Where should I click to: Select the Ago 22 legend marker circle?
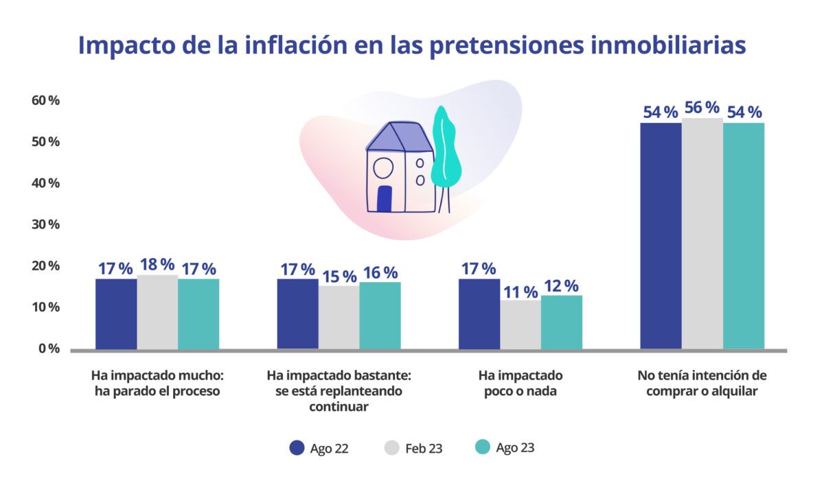coord(297,448)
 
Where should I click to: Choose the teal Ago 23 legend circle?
coord(483,448)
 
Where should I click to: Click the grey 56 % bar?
coord(702,233)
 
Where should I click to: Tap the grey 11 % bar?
coord(520,325)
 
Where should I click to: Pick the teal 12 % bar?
coord(561,322)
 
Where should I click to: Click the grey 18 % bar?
coord(157,312)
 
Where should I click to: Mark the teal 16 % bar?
coord(380,315)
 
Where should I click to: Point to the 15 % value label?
coord(339,277)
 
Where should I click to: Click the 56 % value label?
coord(702,108)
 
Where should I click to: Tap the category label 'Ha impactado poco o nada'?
coord(520,384)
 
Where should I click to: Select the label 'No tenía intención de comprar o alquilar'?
coord(702,384)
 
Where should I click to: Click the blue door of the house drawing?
coord(385,199)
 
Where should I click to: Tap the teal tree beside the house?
coord(445,148)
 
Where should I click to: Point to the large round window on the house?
coord(382,167)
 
